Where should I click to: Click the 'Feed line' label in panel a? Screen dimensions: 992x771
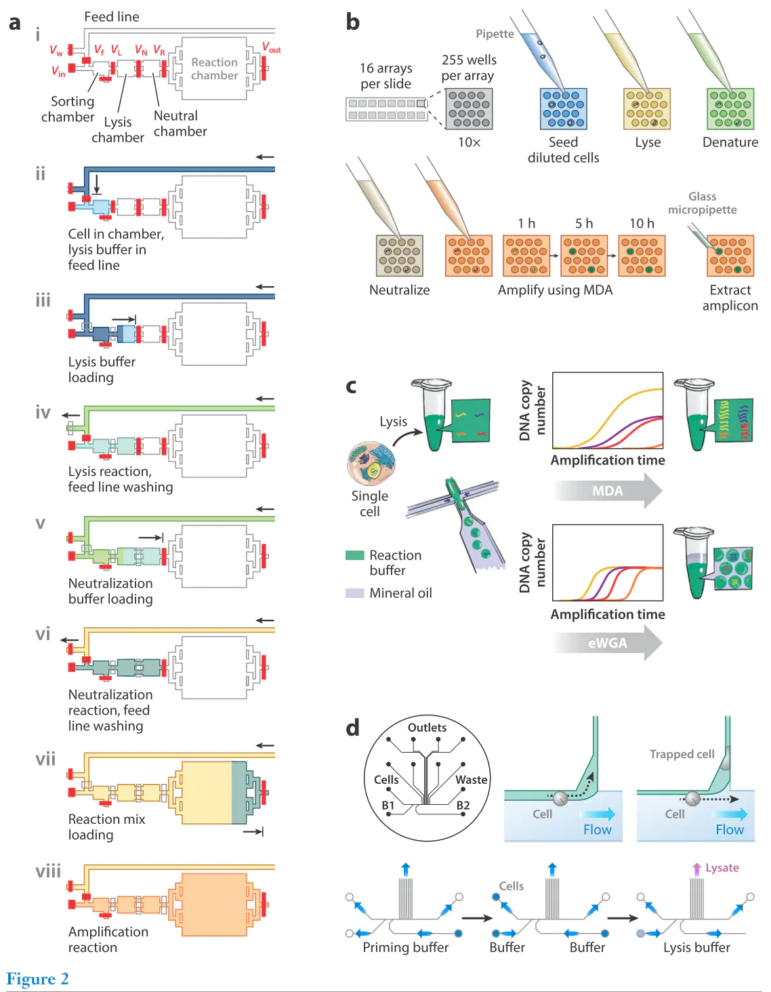point(111,17)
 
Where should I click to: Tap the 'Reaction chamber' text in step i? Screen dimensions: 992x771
point(214,68)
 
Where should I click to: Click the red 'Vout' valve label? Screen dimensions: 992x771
point(271,47)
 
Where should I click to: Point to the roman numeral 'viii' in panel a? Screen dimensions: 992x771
point(48,871)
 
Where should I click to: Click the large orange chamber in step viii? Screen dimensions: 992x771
point(214,905)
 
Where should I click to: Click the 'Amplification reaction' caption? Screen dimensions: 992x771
point(108,939)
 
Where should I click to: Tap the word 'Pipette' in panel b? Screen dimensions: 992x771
point(495,34)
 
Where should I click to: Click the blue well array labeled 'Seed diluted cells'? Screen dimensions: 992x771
point(563,108)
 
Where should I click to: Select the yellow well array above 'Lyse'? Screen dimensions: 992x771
point(647,108)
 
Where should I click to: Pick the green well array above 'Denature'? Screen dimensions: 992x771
point(730,108)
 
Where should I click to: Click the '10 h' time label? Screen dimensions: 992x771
point(642,224)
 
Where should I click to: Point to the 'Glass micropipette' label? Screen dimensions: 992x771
point(703,203)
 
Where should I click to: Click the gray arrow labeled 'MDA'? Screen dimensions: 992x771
point(608,490)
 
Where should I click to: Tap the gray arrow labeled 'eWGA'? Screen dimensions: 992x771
point(608,643)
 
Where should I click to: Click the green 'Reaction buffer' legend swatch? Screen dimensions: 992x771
point(354,555)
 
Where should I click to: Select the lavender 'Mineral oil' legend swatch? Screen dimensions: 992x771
point(354,593)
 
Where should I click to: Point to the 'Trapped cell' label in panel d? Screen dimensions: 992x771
point(682,754)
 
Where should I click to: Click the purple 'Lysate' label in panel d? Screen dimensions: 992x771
point(722,868)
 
